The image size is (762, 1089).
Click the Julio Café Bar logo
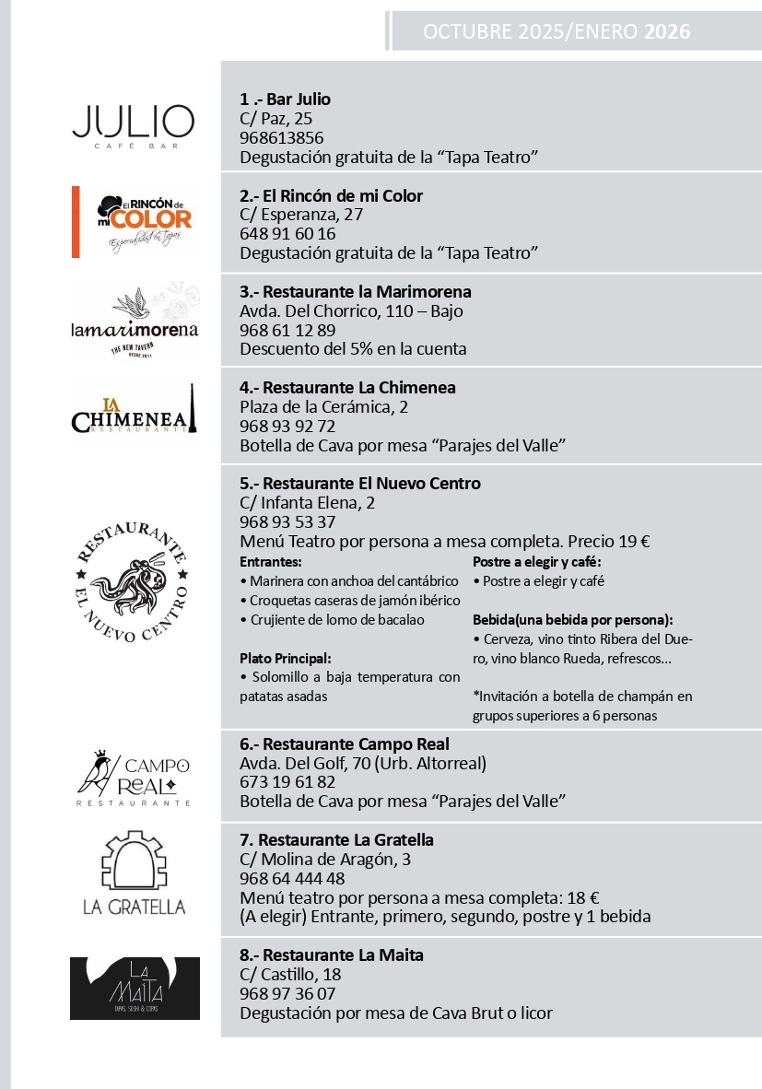point(134,125)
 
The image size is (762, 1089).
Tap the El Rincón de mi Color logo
point(135,221)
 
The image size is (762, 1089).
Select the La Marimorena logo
point(135,320)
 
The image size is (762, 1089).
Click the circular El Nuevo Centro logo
point(132,582)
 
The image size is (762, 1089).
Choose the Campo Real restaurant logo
point(135,778)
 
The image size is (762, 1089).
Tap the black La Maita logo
point(135,988)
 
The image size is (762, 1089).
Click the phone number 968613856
point(281,138)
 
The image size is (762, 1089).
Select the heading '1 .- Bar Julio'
point(285,100)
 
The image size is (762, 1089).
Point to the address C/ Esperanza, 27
point(301,215)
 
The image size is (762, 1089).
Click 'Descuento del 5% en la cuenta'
point(353,349)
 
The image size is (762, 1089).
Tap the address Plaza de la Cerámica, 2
point(323,407)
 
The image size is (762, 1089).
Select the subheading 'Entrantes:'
point(271,561)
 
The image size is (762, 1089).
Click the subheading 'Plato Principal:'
point(285,658)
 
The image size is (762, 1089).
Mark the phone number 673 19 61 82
point(287,782)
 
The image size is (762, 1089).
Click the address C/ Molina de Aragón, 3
point(324,860)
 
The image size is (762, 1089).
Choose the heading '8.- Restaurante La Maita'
point(331,955)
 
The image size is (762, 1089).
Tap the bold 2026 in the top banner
point(667,32)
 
